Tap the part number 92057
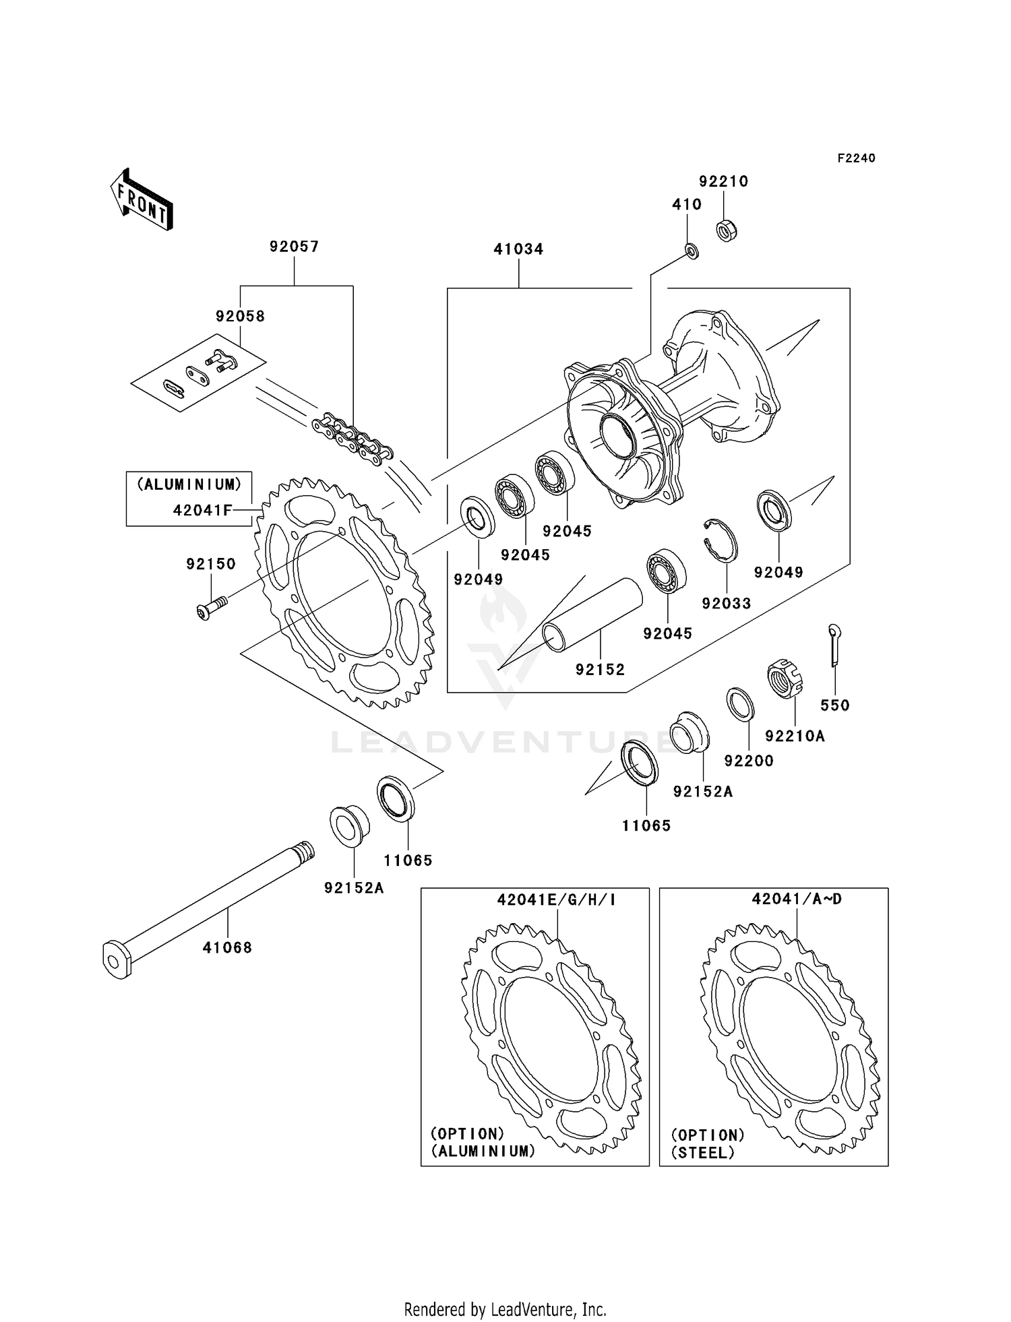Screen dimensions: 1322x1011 coord(294,247)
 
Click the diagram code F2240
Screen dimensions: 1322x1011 coord(856,158)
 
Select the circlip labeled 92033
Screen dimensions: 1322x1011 coord(721,540)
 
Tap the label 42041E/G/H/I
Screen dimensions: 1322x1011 coord(556,900)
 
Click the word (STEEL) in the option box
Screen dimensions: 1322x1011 coord(703,1153)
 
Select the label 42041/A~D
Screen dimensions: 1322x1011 coord(797,899)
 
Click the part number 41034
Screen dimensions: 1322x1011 coord(518,249)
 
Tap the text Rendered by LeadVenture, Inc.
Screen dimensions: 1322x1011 coord(505,1309)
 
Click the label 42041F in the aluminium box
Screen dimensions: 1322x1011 coord(202,510)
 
